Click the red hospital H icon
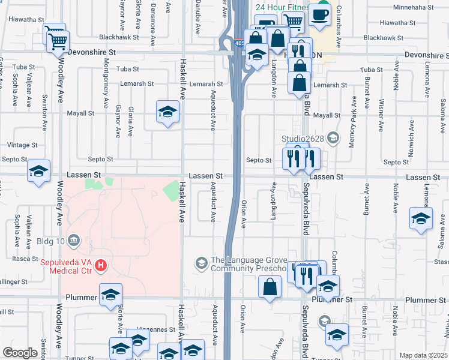(102, 265)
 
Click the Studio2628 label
(303, 139)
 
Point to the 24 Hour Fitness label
(281, 8)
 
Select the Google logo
(20, 353)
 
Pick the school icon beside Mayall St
(168, 112)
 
